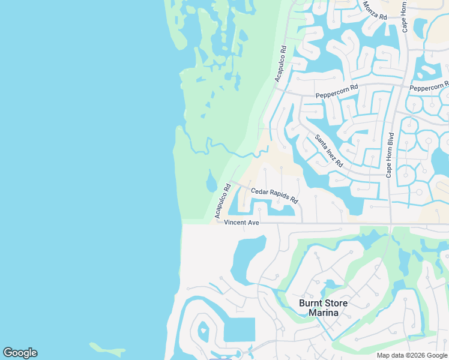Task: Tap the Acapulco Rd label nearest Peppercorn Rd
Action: [x=280, y=64]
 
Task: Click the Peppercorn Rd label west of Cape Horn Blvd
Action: [x=337, y=91]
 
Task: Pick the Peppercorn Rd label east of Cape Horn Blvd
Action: [x=429, y=87]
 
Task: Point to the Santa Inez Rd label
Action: [x=329, y=151]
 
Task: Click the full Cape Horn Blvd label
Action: [x=390, y=155]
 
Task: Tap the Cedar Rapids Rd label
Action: [x=274, y=196]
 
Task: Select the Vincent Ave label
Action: [x=241, y=223]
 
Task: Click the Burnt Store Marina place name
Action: [x=323, y=308]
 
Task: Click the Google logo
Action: [x=20, y=353]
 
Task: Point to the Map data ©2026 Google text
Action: [x=412, y=355]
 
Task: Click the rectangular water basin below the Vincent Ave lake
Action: [x=239, y=329]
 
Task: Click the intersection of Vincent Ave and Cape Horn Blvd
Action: [x=391, y=224]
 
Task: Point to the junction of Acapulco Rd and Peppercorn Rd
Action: [x=276, y=89]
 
